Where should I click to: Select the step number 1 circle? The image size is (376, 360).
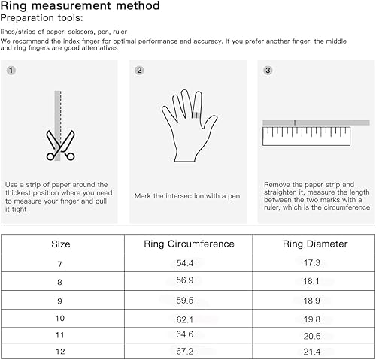click(11, 71)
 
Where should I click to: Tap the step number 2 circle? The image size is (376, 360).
click(139, 71)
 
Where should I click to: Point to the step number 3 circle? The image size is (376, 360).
click(268, 71)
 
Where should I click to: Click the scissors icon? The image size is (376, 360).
click(59, 145)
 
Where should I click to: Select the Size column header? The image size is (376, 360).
click(61, 244)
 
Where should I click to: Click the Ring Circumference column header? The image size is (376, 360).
click(189, 244)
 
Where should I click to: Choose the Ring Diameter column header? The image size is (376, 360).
click(314, 244)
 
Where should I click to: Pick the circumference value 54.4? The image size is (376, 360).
click(189, 262)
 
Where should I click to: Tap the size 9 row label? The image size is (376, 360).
click(61, 298)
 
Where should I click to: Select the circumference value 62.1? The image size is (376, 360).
click(189, 316)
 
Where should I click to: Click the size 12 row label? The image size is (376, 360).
click(61, 352)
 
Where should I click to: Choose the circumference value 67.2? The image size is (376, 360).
click(189, 352)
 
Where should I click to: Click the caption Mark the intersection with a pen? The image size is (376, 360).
click(186, 196)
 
